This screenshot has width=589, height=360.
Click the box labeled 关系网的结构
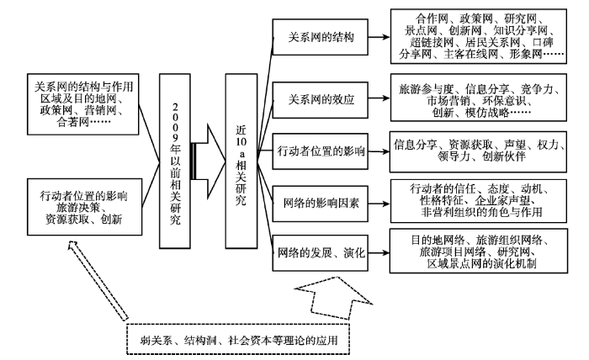tap(320, 37)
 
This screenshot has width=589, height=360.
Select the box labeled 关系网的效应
tap(320, 100)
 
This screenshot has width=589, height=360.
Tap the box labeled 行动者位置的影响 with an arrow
tap(320, 151)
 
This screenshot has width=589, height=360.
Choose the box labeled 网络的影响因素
tap(320, 204)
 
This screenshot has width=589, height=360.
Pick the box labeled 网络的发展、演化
tap(320, 253)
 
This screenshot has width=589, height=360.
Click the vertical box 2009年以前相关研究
tap(175, 161)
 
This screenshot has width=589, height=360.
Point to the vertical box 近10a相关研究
tap(241, 161)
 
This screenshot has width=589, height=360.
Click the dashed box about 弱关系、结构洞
tap(238, 339)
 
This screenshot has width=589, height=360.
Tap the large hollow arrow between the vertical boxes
tap(208, 161)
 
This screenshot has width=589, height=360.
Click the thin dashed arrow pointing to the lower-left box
tap(98, 280)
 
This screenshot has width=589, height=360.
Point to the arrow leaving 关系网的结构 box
tap(379, 37)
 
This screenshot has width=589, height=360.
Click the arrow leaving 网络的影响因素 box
tap(379, 204)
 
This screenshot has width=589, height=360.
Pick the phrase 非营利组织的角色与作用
tap(481, 212)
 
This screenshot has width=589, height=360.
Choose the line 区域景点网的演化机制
tap(481, 263)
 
